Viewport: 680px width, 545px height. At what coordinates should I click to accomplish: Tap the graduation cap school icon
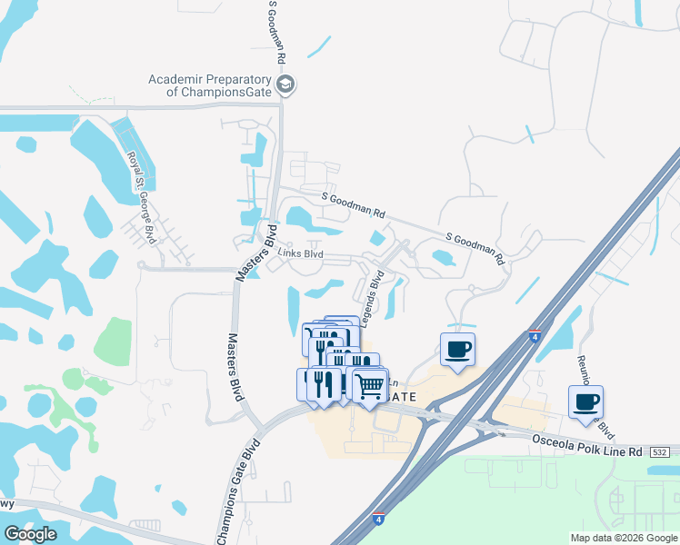coord(285,85)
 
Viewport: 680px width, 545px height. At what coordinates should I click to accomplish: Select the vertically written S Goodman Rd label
coord(276,32)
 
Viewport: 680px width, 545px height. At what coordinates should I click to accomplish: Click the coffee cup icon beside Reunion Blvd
coord(585,401)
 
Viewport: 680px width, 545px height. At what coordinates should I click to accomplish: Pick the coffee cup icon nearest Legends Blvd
coord(457,349)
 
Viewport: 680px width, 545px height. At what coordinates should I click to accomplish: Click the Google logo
coord(30,534)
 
